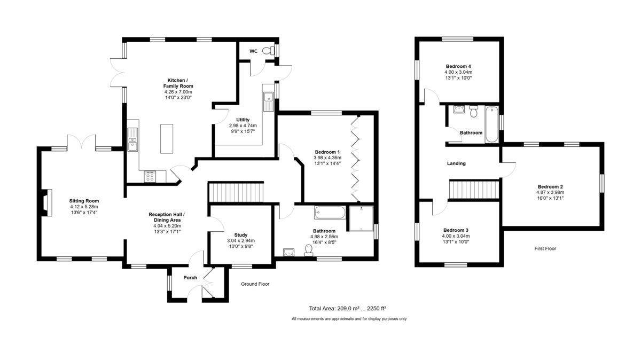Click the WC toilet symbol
coord(268,51)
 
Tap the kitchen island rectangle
coord(167,139)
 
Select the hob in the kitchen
coord(150,176)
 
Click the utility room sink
coord(269,101)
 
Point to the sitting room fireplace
coord(47,202)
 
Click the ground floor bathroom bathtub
coord(330,213)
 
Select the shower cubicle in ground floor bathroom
coord(362,218)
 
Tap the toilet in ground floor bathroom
coord(309,251)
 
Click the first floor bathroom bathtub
coord(491,124)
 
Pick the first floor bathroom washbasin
coord(459,109)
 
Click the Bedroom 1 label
coord(327,152)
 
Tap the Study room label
coord(241,235)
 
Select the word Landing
coord(456,163)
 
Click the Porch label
coord(190,278)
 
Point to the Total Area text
coord(347,309)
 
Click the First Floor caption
coord(545,248)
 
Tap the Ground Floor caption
coord(255,284)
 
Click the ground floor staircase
coord(236,192)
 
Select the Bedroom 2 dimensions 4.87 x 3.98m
coord(550,192)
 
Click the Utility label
coord(243,120)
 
